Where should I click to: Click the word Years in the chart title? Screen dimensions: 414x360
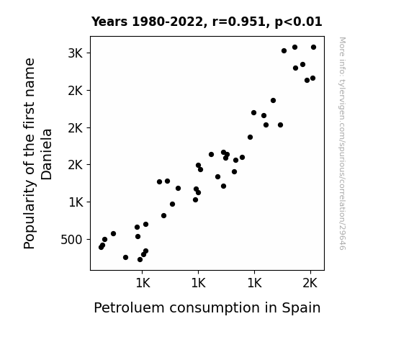[x=109, y=22]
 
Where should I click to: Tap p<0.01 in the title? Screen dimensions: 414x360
[x=298, y=22]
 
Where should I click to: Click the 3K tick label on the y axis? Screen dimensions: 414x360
[x=76, y=53]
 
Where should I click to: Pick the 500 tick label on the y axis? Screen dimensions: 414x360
[x=71, y=240]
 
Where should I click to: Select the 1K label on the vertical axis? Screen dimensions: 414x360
[x=76, y=202]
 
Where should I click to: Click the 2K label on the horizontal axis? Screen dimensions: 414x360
[x=310, y=284]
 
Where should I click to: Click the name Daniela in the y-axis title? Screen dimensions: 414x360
[x=47, y=154]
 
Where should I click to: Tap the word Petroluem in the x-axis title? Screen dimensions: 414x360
[x=129, y=308]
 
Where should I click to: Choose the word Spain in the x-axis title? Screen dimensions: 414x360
[x=301, y=308]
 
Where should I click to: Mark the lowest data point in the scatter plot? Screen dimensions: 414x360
[x=140, y=260]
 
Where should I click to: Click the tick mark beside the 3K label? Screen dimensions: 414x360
[x=89, y=53]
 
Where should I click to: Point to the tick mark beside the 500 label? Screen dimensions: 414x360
[x=89, y=240]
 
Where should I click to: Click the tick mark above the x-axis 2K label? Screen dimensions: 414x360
[x=311, y=272]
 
